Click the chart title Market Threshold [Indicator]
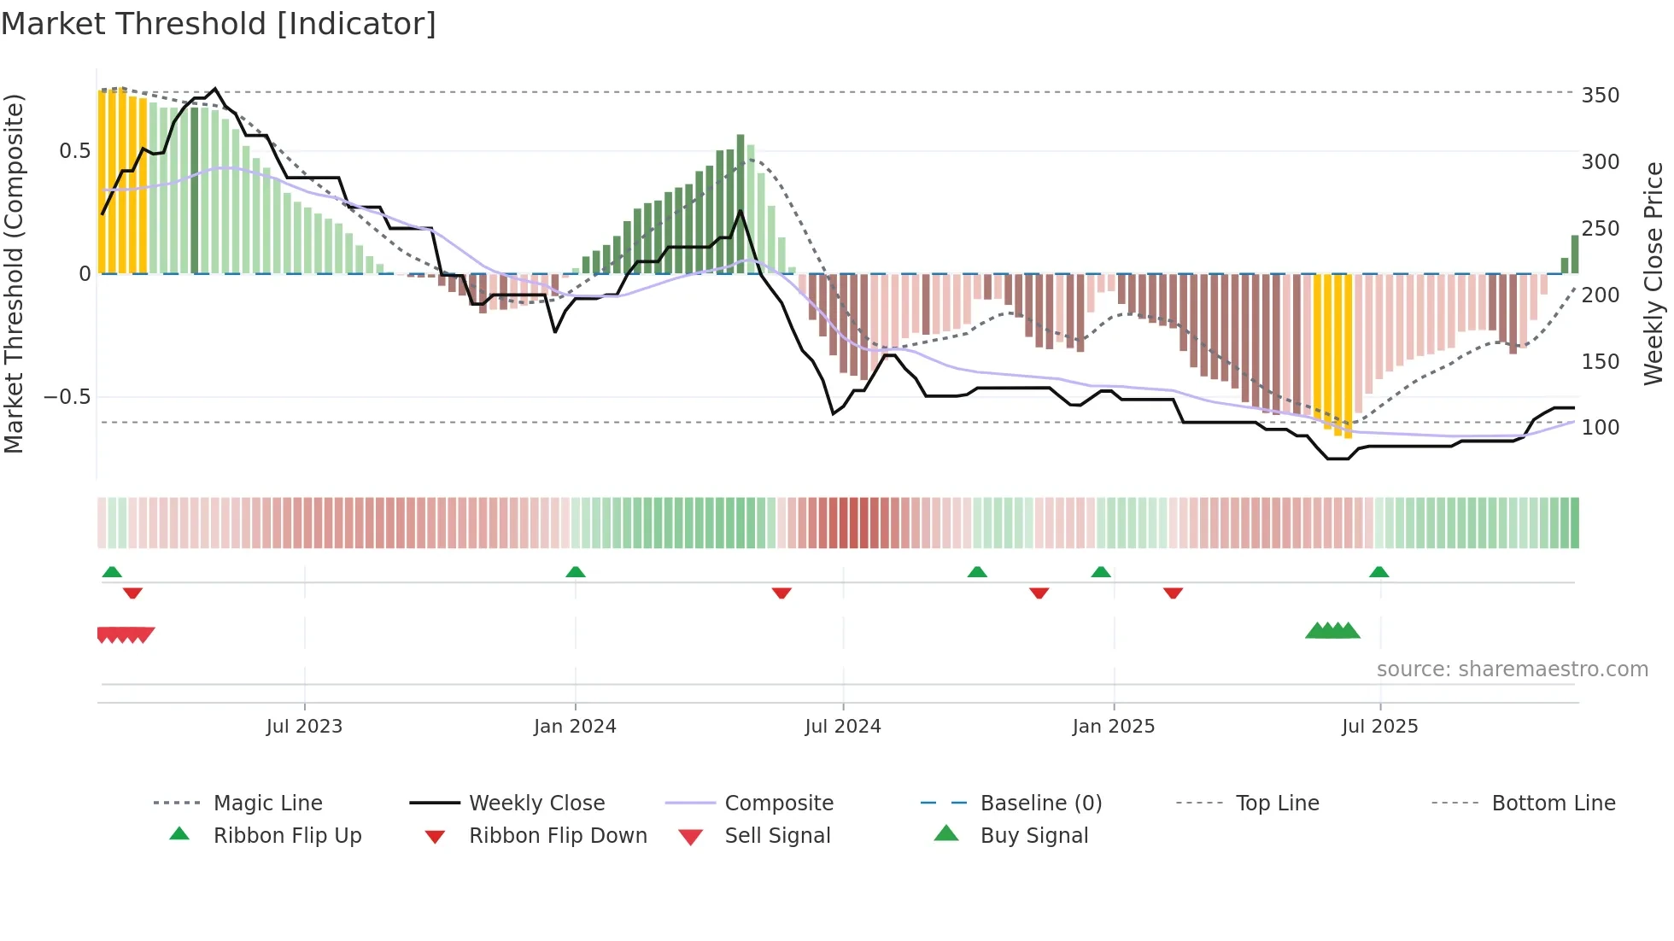tap(219, 24)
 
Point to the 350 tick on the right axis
tap(1600, 95)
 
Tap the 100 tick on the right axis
tap(1600, 427)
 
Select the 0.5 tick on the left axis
tap(75, 151)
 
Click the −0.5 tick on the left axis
tap(67, 397)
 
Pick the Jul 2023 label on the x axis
tap(304, 727)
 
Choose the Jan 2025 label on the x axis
tap(1113, 727)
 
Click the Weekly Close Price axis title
tap(1654, 273)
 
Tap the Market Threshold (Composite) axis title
tap(14, 273)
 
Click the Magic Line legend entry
tap(267, 804)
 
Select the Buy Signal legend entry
tap(1033, 836)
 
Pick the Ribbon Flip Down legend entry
tap(557, 836)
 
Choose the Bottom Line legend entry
tap(1553, 804)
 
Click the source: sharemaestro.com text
tap(1512, 669)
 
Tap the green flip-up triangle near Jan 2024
tap(576, 572)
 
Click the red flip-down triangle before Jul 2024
tap(781, 593)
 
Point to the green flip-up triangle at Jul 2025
tap(1378, 572)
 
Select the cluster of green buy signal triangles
tap(1332, 631)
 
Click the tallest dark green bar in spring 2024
tap(740, 203)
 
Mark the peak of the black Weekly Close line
tap(214, 89)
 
